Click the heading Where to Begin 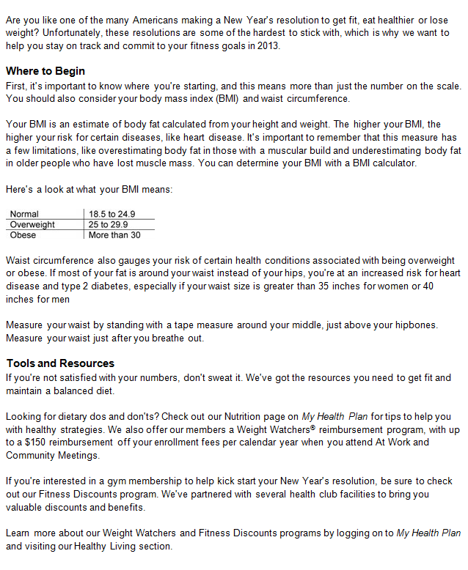click(x=45, y=71)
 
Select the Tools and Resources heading click(x=60, y=363)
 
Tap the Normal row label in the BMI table click(x=24, y=214)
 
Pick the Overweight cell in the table click(x=32, y=225)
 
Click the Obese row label click(x=23, y=235)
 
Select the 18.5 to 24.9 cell click(x=111, y=214)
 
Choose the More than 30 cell click(x=114, y=235)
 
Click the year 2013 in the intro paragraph click(x=268, y=45)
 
